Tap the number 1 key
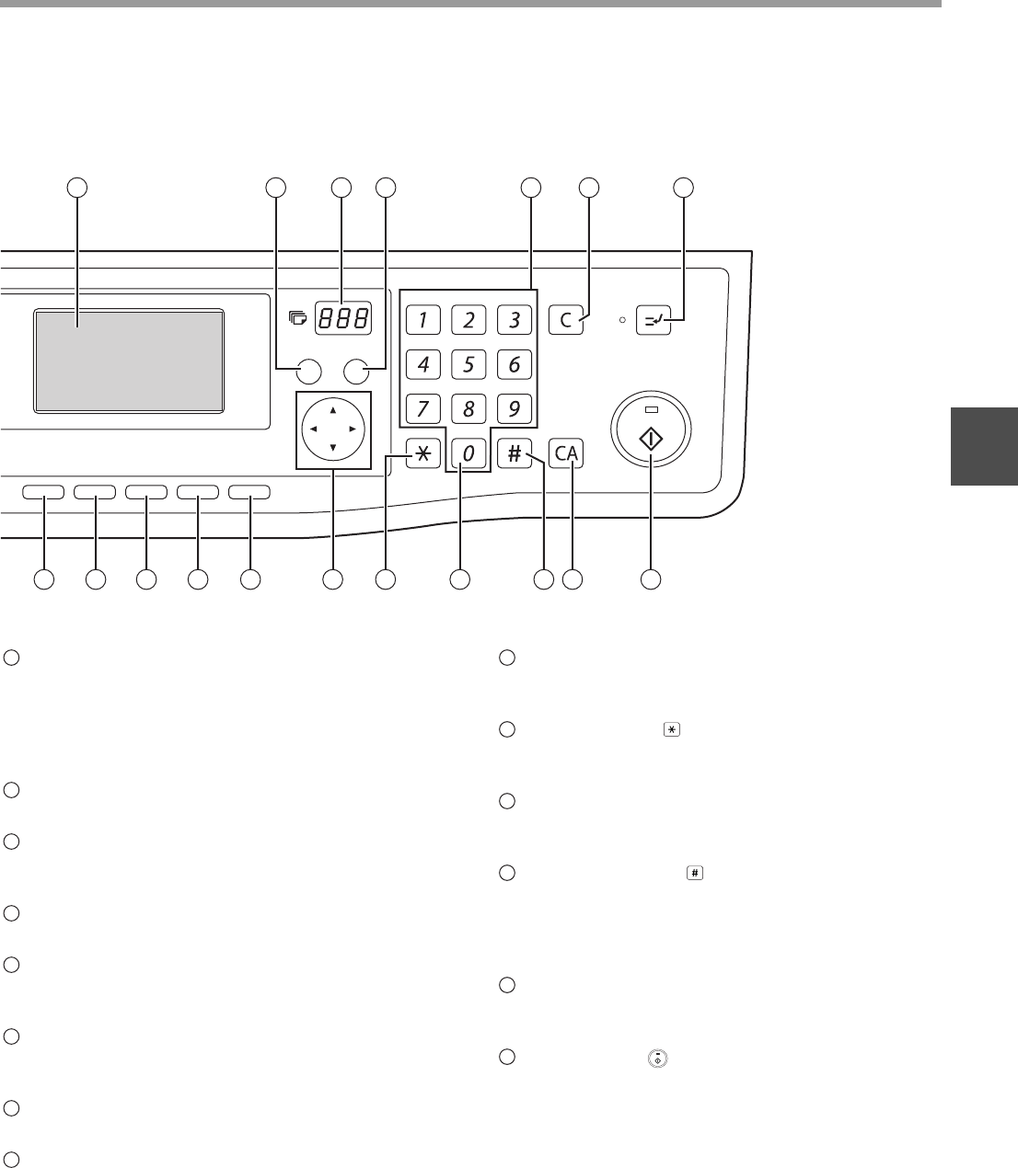422,320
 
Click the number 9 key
515,408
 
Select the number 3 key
515,320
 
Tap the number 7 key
422,408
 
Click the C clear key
565,320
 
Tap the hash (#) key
515,453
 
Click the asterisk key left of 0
422,453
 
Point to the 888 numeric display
343,319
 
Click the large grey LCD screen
129,360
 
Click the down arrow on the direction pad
332,449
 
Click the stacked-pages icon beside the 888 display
296,319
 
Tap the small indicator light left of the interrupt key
621,320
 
